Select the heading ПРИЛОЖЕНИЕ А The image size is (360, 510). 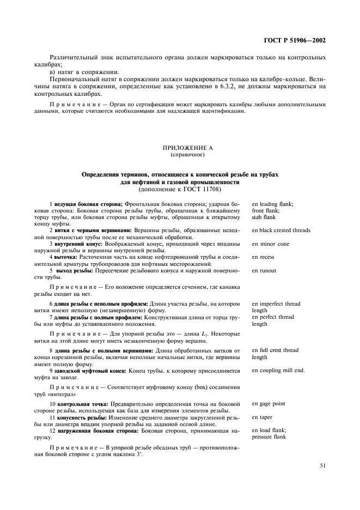coord(180,148)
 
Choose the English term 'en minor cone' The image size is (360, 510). coord(271,244)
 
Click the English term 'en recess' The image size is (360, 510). coord(263,257)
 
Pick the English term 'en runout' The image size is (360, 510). coord(264,270)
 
